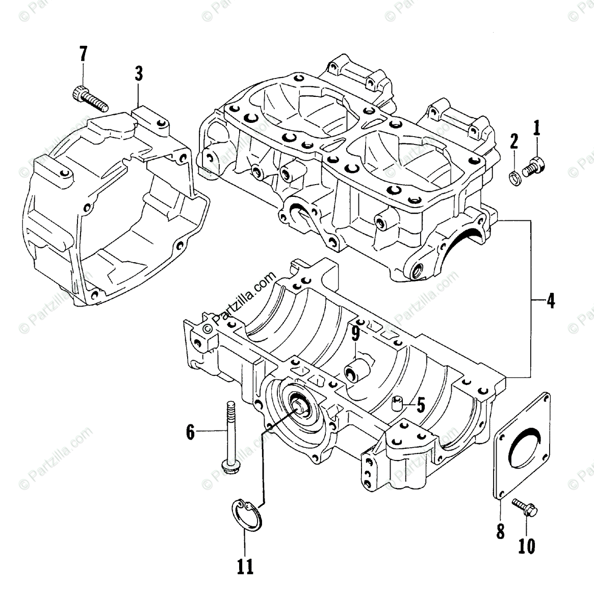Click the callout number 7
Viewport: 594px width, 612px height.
(x=83, y=54)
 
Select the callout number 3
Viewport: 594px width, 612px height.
(x=139, y=74)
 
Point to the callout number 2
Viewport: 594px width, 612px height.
(x=514, y=141)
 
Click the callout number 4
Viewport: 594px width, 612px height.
(x=550, y=301)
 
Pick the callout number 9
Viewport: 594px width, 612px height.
(x=355, y=335)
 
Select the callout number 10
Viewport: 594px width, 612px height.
(x=527, y=546)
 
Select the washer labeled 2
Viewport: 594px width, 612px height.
(x=514, y=177)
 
